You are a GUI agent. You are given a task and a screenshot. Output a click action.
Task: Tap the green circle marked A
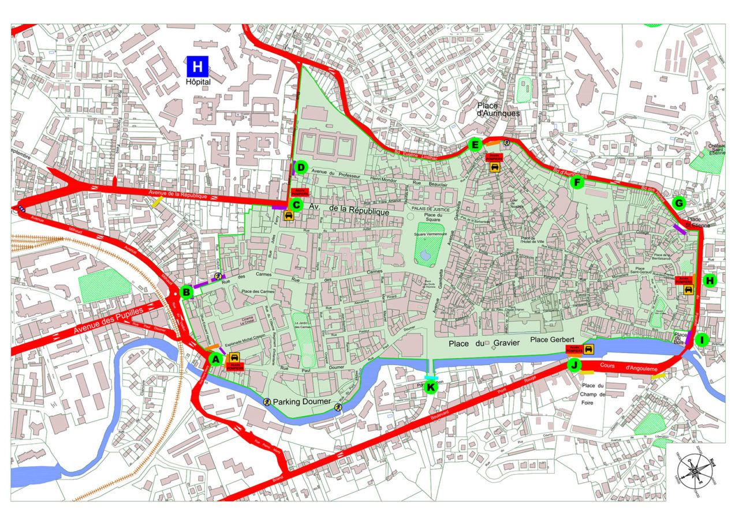tap(215, 359)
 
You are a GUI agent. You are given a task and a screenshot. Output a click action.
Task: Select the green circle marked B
tap(186, 292)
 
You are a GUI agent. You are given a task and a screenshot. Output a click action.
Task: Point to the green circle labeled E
tap(476, 145)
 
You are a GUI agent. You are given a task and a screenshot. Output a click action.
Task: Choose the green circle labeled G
tap(679, 203)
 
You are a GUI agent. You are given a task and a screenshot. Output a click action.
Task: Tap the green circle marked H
tap(710, 280)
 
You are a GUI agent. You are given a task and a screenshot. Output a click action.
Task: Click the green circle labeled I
tap(702, 340)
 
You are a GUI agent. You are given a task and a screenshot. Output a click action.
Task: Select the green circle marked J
tap(574, 365)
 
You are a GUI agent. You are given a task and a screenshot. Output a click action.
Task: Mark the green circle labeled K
tap(431, 387)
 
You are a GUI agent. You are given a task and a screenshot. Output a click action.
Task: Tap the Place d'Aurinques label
tap(499, 109)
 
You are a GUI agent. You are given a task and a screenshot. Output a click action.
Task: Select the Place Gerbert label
tap(553, 340)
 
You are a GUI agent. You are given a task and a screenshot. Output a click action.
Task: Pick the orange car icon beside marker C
tap(289, 216)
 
